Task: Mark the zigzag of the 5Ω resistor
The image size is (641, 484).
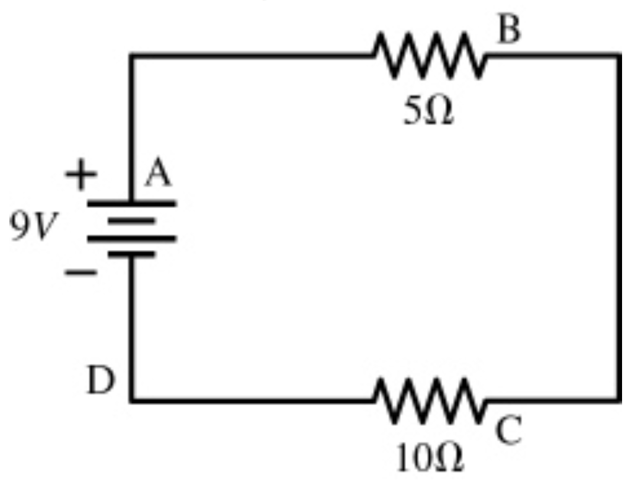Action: pyautogui.click(x=429, y=56)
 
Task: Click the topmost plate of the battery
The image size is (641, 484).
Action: pyautogui.click(x=132, y=203)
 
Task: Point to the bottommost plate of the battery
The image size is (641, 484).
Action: pyautogui.click(x=132, y=255)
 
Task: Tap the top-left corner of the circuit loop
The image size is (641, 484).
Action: pyautogui.click(x=132, y=56)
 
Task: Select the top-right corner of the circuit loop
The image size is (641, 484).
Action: pyautogui.click(x=619, y=56)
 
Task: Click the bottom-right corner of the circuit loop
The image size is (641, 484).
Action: pyautogui.click(x=619, y=400)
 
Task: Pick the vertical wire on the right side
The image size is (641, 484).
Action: pyautogui.click(x=619, y=228)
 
